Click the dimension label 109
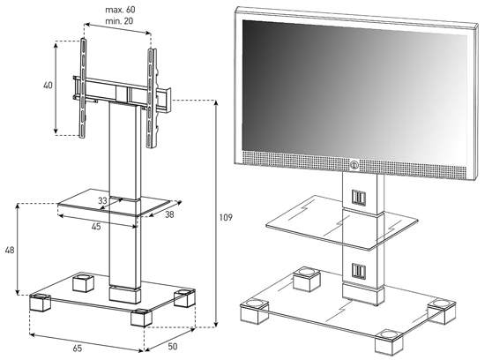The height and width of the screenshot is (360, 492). point(226,218)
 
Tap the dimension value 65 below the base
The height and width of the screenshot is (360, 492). point(78,348)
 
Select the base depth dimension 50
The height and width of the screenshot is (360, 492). point(173,347)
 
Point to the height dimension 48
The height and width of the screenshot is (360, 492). point(10,251)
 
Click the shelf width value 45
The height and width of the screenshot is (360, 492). point(96,226)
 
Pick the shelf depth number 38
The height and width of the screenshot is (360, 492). point(169,214)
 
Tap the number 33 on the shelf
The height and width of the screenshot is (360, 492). point(102,200)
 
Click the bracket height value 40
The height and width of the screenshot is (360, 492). point(48,85)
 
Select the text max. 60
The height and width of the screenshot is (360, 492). point(120,10)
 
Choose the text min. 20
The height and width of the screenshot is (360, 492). point(119,21)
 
